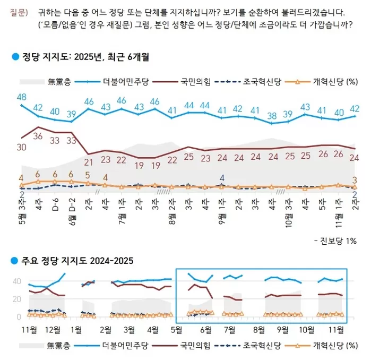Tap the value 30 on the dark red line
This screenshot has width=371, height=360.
tap(21, 147)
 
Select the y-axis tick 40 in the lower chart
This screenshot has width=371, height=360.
tap(16, 281)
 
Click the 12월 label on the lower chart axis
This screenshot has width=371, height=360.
tap(53, 329)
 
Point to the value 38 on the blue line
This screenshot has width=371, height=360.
tap(272, 115)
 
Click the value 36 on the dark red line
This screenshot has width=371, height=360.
tap(38, 136)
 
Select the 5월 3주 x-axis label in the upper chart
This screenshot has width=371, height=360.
tap(21, 208)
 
